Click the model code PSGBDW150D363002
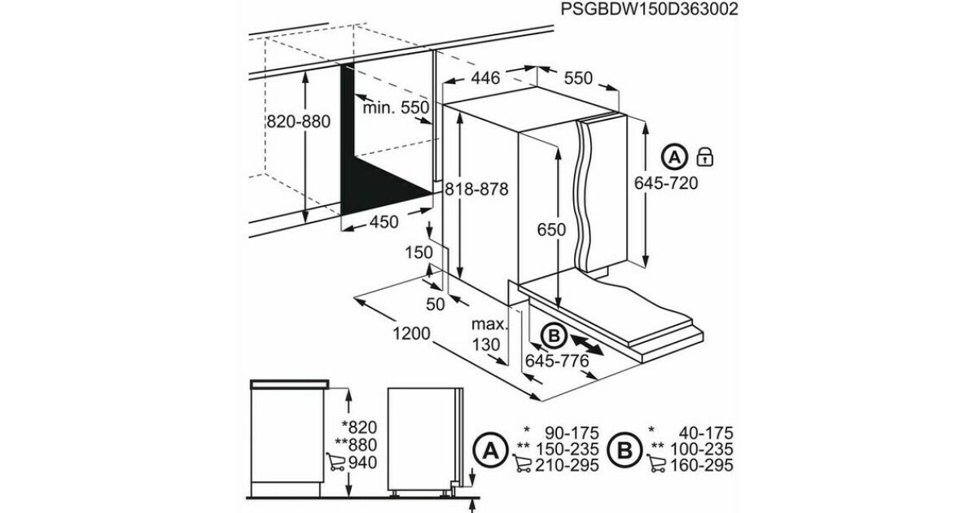(649, 9)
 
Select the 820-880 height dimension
(298, 121)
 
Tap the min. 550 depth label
(396, 107)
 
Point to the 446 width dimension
(485, 78)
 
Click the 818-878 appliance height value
(476, 189)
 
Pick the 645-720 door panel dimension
(666, 182)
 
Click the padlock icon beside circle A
(705, 157)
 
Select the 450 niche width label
(383, 222)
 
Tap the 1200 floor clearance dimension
(411, 334)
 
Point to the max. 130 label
(488, 335)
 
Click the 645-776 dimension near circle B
(557, 361)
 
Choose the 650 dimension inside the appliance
(551, 230)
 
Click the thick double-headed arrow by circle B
(587, 345)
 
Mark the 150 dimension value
(418, 252)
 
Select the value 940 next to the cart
(362, 463)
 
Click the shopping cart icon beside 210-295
(522, 463)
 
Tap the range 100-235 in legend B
(701, 449)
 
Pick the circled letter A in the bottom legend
(490, 449)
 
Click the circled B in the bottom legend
(624, 449)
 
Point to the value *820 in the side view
(359, 427)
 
